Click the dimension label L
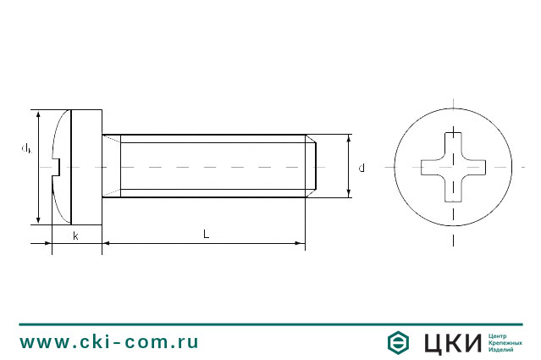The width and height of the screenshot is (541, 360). click(206, 234)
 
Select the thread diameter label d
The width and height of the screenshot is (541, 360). click(362, 168)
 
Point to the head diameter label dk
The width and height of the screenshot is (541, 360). click(27, 148)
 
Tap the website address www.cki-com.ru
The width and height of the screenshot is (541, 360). click(109, 342)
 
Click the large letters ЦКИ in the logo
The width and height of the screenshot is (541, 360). click(452, 342)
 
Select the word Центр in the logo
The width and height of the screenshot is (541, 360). click(500, 335)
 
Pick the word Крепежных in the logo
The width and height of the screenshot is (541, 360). click(505, 342)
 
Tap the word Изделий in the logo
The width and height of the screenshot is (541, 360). click(503, 350)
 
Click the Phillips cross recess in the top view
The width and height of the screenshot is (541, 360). click(454, 167)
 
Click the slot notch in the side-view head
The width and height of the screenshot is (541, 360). click(58, 167)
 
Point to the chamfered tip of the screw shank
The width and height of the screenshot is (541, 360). click(311, 167)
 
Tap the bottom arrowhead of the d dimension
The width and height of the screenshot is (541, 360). click(348, 194)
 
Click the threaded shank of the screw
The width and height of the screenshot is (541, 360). click(212, 167)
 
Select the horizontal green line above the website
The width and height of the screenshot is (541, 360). click(270, 324)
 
